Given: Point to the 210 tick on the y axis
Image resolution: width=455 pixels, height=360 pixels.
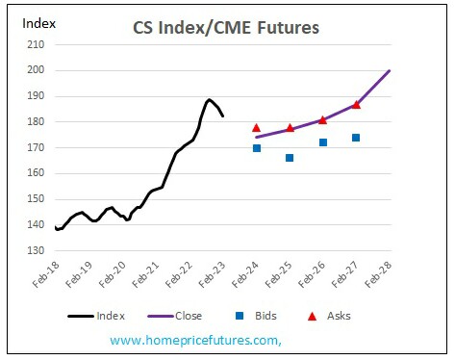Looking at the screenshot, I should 36,44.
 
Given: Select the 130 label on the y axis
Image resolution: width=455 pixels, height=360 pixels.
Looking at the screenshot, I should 36,250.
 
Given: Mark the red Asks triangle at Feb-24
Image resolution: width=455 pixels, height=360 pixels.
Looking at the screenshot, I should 257,128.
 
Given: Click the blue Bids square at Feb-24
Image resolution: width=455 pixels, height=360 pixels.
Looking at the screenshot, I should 257,148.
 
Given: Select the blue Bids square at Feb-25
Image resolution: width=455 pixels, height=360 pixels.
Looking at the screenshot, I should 290,158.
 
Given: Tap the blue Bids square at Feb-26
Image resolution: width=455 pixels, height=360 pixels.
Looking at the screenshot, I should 323,142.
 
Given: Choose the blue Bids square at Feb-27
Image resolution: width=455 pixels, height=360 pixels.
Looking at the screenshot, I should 356,138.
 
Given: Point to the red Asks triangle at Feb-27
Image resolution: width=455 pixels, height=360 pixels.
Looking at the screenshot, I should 356,104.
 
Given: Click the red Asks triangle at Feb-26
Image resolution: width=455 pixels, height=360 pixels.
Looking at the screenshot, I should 323,119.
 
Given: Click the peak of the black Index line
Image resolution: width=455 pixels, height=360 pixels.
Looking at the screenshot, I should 209,99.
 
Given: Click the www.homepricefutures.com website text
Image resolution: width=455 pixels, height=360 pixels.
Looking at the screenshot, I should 195,340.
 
